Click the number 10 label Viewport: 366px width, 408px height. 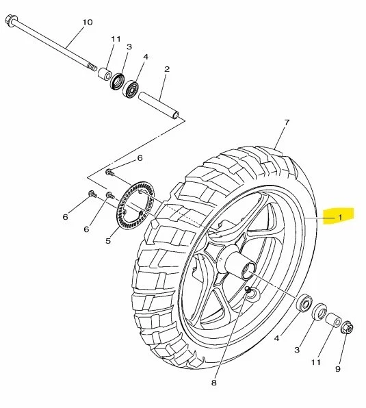[87, 23]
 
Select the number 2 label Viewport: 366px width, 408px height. [166, 69]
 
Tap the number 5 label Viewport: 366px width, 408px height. [107, 240]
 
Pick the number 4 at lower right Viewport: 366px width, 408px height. [276, 337]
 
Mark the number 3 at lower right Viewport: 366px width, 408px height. [297, 350]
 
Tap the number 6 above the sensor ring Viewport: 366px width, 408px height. [139, 158]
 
